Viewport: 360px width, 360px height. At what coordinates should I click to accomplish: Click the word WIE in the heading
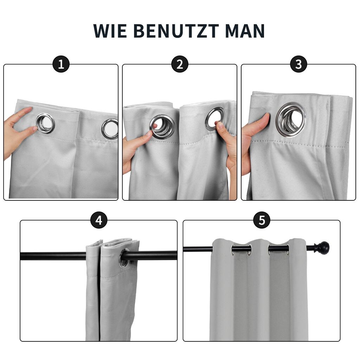[110, 31]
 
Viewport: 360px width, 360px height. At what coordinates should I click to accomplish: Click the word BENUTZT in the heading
[176, 31]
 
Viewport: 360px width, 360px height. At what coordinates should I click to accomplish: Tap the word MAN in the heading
[245, 31]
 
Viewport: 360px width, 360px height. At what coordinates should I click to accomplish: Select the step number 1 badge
[61, 64]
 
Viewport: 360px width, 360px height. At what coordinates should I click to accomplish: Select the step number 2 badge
[180, 64]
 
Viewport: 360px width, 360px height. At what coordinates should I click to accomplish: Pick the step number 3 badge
[298, 64]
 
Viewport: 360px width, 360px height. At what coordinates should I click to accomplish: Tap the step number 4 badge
[99, 220]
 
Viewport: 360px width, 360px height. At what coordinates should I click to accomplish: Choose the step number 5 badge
[262, 220]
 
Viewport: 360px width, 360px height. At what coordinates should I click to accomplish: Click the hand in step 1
[18, 131]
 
